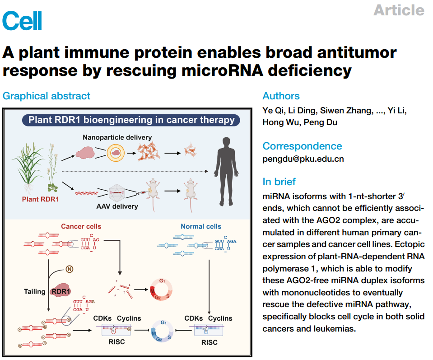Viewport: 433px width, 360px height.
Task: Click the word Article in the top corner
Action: (399, 10)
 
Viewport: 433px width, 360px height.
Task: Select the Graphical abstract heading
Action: (47, 96)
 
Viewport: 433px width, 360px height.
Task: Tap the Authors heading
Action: (281, 96)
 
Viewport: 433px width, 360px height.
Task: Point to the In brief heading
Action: (279, 182)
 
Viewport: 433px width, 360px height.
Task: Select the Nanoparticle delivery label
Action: (117, 137)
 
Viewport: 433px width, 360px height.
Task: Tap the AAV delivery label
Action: (116, 207)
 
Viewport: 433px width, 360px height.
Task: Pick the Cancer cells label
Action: (81, 226)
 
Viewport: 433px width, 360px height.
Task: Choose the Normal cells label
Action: (201, 226)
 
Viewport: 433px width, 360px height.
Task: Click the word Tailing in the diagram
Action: (35, 292)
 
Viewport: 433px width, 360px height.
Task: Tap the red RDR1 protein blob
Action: (62, 291)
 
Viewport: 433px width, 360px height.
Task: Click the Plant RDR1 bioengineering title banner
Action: (131, 120)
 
